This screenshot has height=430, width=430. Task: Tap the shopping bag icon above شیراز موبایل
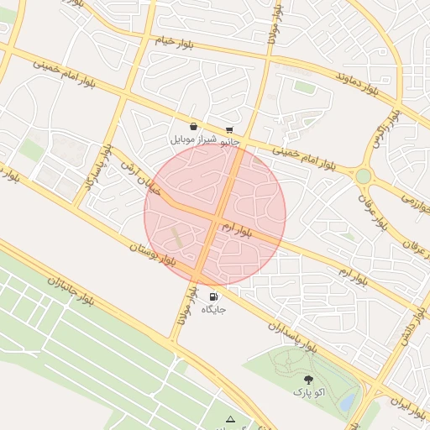[x=193, y=126]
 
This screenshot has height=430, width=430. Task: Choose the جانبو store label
[x=230, y=142]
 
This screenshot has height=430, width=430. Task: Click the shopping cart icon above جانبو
[x=229, y=130]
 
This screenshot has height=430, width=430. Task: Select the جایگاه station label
[x=213, y=309]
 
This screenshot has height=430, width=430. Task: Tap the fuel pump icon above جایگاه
[x=212, y=296]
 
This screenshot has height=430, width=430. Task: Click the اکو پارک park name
[x=307, y=392]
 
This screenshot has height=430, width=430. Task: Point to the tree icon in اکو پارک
[x=307, y=380]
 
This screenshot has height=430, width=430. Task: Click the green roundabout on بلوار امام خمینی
[x=363, y=176]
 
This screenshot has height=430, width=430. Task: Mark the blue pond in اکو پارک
[x=346, y=401]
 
